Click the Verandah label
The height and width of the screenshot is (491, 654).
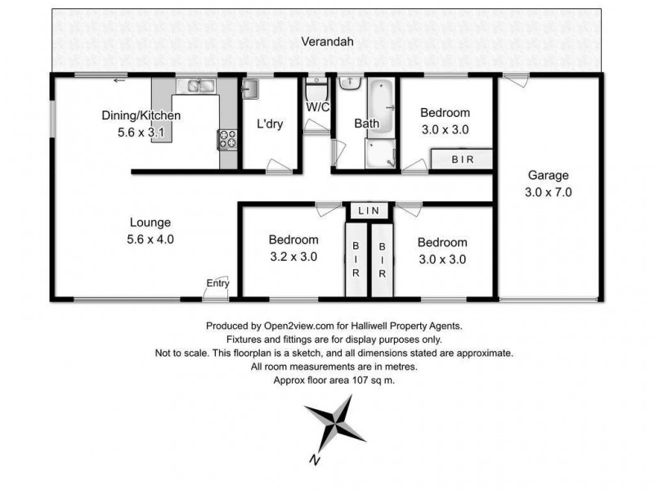[x=326, y=42]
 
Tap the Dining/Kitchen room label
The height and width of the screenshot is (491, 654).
[x=141, y=115]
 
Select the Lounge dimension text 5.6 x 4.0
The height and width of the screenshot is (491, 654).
[x=150, y=240]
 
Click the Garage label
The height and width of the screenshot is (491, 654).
[x=548, y=175]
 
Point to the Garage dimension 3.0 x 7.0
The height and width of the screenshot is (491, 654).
[x=549, y=193]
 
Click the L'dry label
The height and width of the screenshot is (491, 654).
[x=270, y=124]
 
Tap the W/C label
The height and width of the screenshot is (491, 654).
[x=318, y=107]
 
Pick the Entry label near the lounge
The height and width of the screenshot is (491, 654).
[x=217, y=283]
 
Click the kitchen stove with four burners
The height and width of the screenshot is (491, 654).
[x=226, y=139]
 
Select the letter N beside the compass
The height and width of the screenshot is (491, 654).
[x=313, y=460]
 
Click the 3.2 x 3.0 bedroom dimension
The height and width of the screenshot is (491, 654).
[x=293, y=256]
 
